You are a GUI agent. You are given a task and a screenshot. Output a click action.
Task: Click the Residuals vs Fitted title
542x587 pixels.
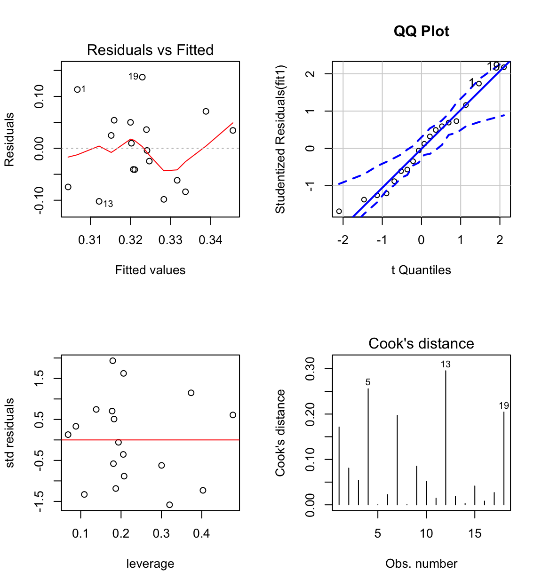(150, 50)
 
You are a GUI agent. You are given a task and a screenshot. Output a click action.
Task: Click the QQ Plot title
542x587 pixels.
(421, 31)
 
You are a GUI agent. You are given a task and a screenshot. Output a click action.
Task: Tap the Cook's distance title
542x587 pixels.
(421, 343)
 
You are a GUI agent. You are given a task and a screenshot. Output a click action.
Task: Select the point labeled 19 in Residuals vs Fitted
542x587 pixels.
(143, 77)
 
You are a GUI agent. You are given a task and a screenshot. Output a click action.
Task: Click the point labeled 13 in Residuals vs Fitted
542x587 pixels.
(99, 201)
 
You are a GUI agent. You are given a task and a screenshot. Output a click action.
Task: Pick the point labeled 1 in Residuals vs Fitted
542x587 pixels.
(78, 89)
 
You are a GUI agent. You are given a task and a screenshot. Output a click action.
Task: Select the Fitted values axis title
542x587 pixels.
(150, 270)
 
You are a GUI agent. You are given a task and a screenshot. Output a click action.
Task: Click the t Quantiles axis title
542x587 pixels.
(421, 270)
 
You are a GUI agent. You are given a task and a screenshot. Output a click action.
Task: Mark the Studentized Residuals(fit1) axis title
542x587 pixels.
(280, 139)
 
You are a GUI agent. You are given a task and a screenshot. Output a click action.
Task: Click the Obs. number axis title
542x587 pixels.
(421, 563)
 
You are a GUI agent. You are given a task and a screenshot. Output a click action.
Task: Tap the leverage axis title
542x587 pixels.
(150, 563)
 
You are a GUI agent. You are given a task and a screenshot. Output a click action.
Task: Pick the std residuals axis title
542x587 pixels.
(10, 433)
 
